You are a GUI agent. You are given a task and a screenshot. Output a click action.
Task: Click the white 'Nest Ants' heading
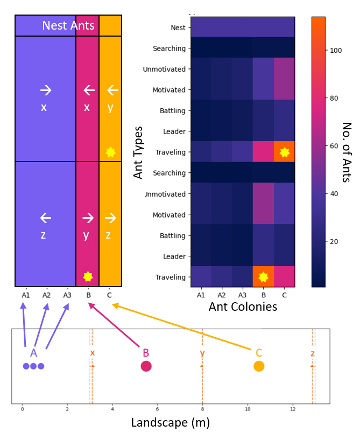tap(68, 25)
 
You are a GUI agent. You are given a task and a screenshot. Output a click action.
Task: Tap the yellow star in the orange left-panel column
tap(110, 152)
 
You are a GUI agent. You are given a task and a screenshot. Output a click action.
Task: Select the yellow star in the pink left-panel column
tap(88, 276)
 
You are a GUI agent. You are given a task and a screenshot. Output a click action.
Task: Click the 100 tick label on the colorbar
tap(336, 51)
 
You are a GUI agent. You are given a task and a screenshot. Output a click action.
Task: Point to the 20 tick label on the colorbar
tap(334, 241)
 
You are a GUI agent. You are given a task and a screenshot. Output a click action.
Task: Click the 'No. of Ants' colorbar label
tap(347, 152)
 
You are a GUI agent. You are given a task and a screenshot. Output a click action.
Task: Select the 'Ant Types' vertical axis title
tap(138, 152)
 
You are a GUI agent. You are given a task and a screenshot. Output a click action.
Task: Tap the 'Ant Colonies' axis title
tap(243, 306)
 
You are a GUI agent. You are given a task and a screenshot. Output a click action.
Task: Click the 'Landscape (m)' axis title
tap(171, 422)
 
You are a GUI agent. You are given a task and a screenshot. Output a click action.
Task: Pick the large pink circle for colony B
tap(146, 366)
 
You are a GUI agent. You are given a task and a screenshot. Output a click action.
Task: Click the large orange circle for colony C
tap(259, 366)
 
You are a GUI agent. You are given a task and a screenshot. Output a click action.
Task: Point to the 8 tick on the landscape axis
tap(202, 409)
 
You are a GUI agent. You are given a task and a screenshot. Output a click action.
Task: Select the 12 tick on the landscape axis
tap(293, 409)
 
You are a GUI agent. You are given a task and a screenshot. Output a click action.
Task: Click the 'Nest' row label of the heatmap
tap(178, 27)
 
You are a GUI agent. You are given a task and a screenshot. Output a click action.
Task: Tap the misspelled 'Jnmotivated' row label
tap(165, 194)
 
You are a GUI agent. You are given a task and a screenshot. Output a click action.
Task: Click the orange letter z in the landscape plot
tap(313, 353)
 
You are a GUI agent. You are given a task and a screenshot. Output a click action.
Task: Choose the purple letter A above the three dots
tap(33, 353)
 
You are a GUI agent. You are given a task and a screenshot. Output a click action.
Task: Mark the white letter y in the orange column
tap(110, 108)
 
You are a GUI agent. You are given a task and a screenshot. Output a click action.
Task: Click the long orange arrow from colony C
tap(181, 327)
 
